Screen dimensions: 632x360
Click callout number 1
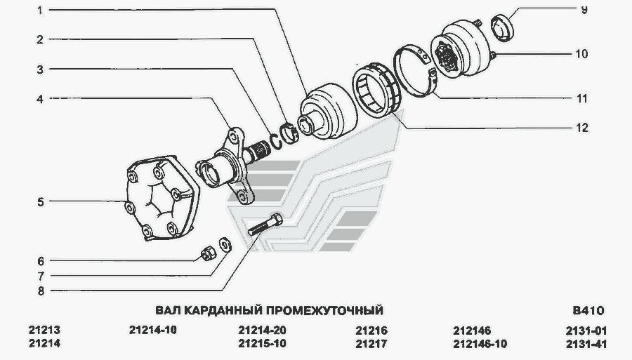(40, 10)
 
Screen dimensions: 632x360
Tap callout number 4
(40, 99)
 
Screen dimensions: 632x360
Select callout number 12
(582, 128)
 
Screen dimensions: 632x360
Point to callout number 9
(584, 10)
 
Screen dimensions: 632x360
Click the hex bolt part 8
(265, 225)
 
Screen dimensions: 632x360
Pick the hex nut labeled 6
(209, 253)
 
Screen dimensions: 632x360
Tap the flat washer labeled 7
(225, 245)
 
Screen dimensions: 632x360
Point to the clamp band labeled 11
(415, 71)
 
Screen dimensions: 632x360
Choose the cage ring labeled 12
(377, 89)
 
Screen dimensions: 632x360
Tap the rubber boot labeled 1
(329, 112)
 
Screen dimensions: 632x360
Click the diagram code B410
(588, 311)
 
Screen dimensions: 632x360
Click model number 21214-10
(153, 331)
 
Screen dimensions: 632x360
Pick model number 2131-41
(586, 344)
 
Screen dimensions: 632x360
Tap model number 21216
(371, 331)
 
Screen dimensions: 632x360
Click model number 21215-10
(262, 343)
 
